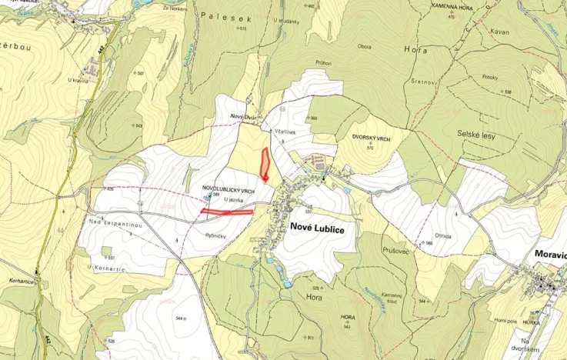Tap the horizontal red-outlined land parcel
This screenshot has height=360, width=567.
pyautogui.click(x=227, y=211)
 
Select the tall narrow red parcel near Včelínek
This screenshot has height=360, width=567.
pyautogui.click(x=264, y=164)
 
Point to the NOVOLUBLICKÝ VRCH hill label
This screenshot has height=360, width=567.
pyautogui.click(x=228, y=188)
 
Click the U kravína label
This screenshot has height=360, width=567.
pyautogui.click(x=78, y=80)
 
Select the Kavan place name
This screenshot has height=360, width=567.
pyautogui.click(x=499, y=32)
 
